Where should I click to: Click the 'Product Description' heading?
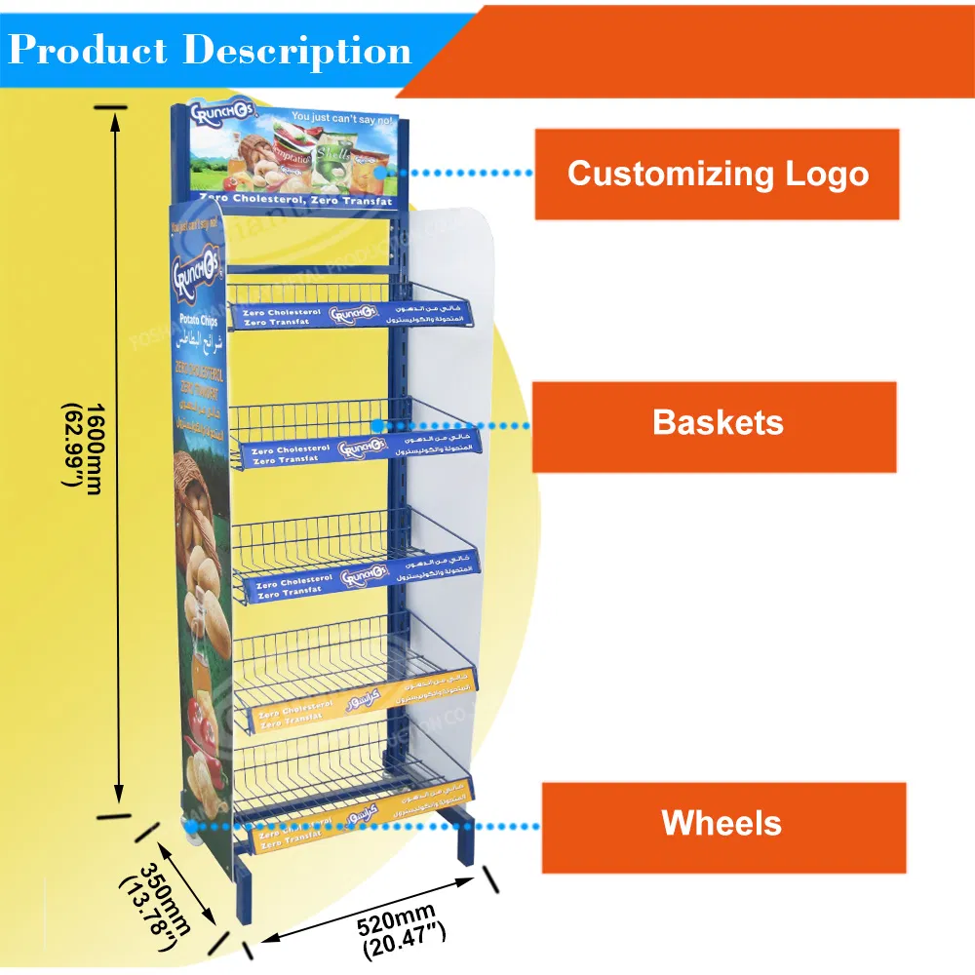tap(210, 50)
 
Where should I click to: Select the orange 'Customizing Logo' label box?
tap(717, 175)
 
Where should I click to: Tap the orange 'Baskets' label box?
tap(717, 423)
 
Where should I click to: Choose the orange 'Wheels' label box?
tap(721, 824)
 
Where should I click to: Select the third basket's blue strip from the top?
tap(361, 575)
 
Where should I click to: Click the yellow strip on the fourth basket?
tap(351, 704)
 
